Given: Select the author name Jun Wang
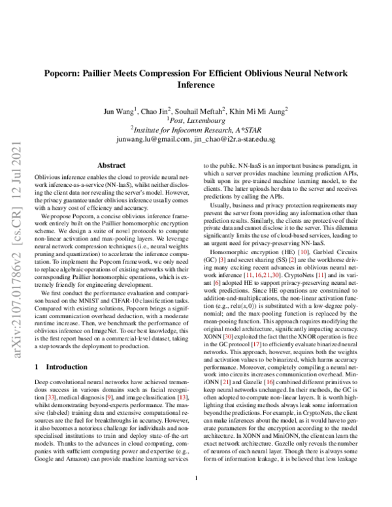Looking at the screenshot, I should coord(120,110).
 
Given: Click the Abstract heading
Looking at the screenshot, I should coord(111,166).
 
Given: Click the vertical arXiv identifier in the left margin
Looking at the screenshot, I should coord(14,197).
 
